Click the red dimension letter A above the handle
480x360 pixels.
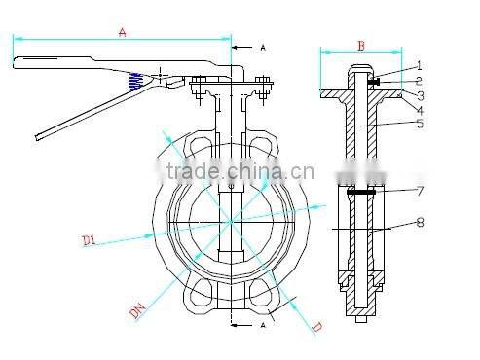pos(122,32)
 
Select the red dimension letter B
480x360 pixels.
pos(359,44)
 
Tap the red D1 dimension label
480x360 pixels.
pos(91,237)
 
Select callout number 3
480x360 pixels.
pos(420,95)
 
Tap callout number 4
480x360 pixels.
pos(420,110)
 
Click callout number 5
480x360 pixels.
pos(420,124)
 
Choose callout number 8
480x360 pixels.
pos(420,222)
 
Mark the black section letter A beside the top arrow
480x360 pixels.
pos(265,47)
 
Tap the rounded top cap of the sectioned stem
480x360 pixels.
pos(359,70)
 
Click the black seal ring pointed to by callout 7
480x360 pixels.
pos(359,192)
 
